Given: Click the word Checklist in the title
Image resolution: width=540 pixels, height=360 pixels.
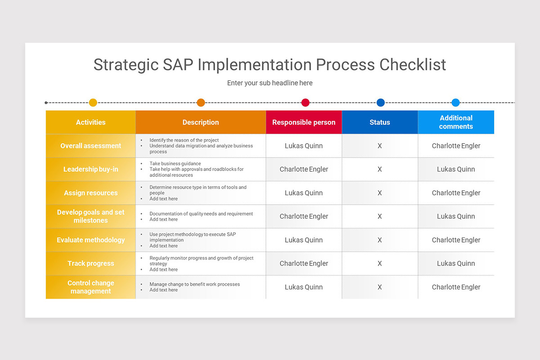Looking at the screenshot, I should coord(413,65).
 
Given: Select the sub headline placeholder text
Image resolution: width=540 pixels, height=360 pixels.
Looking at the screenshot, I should coord(270,83).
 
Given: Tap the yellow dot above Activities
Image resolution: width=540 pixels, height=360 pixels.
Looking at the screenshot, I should coord(93,103).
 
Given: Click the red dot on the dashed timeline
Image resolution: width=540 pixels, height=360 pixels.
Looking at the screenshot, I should coord(306,103).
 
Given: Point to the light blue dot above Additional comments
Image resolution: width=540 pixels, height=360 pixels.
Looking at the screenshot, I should coord(455,103).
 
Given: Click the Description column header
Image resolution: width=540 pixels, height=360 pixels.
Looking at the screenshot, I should coord(201,122).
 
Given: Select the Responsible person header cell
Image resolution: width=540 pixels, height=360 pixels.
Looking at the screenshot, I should coord(304,122).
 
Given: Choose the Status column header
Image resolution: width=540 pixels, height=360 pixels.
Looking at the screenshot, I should coord(380,122).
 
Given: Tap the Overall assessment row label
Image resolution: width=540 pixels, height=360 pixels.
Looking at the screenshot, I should coord(91,146).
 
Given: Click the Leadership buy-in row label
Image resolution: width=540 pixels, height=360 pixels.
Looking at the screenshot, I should coord(91,169).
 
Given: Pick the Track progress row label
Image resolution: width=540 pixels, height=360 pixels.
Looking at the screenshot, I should coord(91,263).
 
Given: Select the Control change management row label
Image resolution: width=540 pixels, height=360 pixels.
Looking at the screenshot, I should coord(91,287).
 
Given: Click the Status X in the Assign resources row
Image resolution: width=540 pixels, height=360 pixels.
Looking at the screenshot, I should coord(380,193).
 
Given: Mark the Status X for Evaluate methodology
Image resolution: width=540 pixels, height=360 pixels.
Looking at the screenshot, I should coord(380,240).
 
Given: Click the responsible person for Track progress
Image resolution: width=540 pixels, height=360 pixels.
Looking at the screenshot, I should coord(304,263).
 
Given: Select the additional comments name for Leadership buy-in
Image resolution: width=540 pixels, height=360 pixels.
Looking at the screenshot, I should coord(456,169).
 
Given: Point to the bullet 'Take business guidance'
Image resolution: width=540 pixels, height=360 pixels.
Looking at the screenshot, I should coord(175,164).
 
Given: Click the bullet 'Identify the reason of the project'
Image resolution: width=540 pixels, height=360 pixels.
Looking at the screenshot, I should coord(184,140).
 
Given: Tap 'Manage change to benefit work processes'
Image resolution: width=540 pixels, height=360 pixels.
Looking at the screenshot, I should coord(194,284).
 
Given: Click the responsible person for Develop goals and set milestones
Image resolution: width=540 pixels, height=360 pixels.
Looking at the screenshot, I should coord(304,216).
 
